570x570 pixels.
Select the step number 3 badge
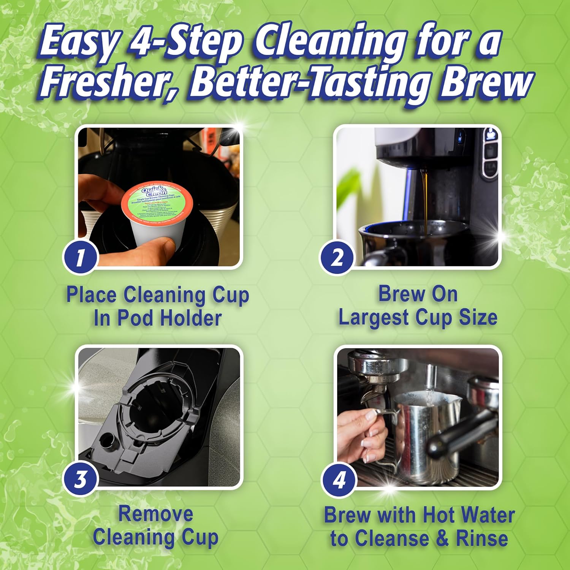80,479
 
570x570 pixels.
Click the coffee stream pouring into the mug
424,201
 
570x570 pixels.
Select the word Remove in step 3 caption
155,514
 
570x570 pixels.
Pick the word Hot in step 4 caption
439,515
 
